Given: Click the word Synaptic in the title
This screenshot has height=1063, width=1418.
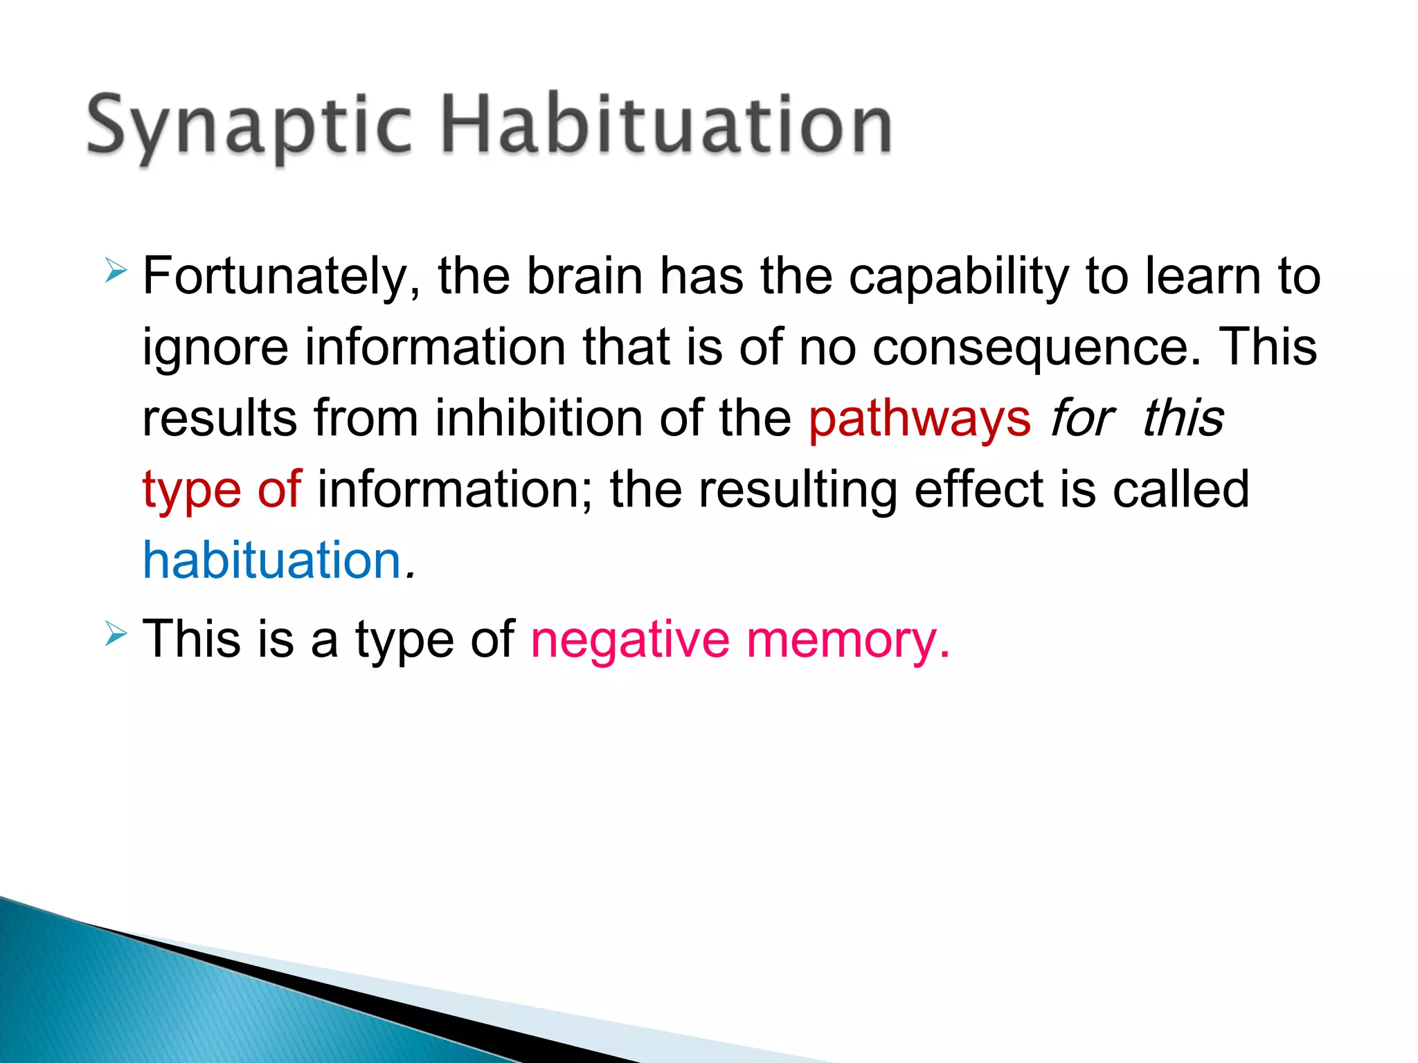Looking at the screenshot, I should coord(249,126).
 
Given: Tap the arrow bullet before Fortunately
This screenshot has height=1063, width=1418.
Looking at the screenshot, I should coord(116,269).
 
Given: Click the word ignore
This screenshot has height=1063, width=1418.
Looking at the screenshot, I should coord(215,348).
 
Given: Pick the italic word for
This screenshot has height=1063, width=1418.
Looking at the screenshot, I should coord(1081,419).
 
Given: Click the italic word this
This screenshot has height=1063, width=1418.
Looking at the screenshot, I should coord(1183,419).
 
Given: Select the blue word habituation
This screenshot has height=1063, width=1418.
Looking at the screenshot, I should coord(271,561).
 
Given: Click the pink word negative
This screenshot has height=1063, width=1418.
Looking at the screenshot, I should coord(629,640).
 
